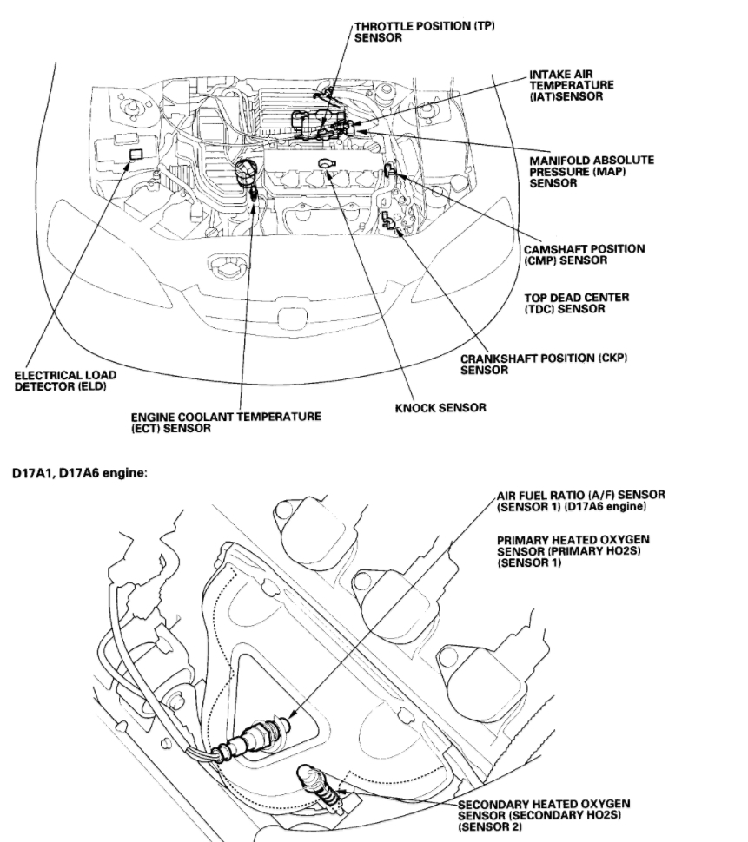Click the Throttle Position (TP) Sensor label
423,33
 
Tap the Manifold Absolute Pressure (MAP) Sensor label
592,171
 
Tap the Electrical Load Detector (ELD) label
66,380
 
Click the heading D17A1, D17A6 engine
86,474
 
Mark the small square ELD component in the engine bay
136,155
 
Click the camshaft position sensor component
391,167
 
